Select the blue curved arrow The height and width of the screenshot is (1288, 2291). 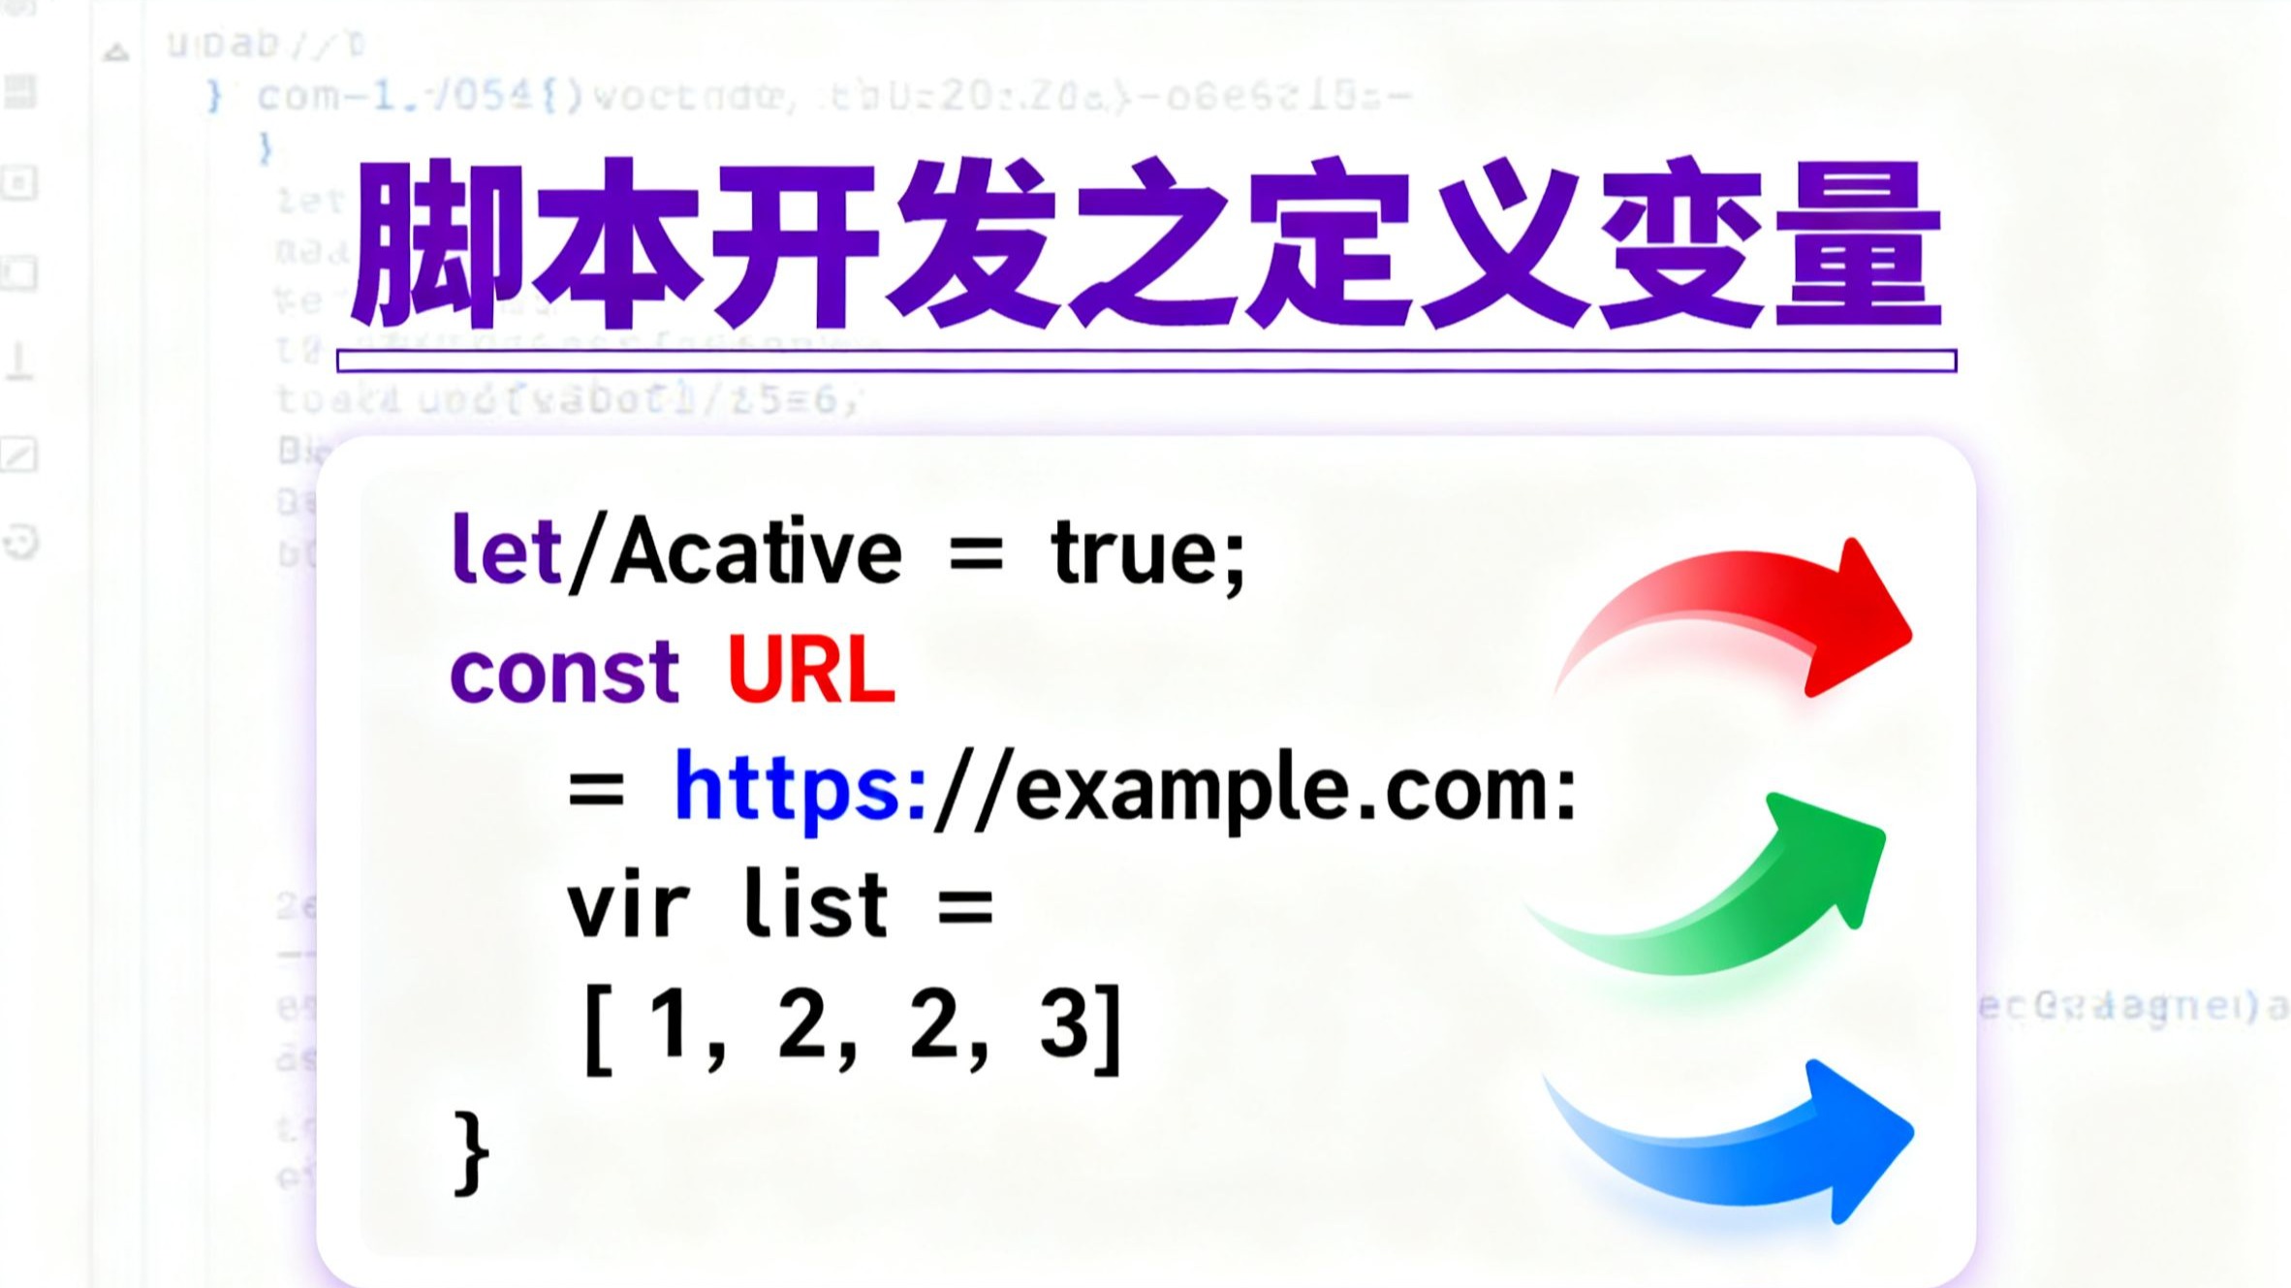point(1744,1153)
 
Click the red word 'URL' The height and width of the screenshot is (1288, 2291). point(811,672)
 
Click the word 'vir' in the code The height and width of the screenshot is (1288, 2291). point(628,907)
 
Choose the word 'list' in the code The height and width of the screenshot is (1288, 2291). point(815,907)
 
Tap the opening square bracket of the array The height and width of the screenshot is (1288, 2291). point(599,1027)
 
